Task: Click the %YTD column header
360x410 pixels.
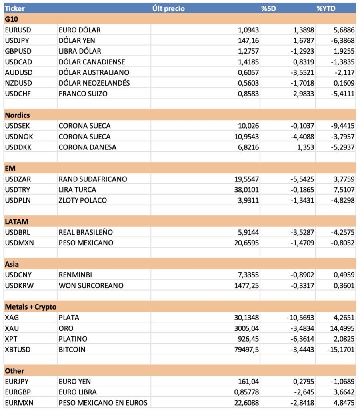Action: (326, 8)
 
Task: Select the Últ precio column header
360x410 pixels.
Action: (168, 8)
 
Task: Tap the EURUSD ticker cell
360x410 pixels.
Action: (18, 30)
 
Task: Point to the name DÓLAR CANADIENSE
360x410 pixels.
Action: (92, 62)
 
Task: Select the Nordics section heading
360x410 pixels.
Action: (17, 115)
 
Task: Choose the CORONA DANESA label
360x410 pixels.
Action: (87, 147)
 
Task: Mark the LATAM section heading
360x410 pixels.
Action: (16, 221)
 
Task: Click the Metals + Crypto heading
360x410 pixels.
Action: (30, 307)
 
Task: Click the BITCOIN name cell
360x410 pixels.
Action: (72, 349)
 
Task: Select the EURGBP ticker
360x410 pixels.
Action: (18, 392)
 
